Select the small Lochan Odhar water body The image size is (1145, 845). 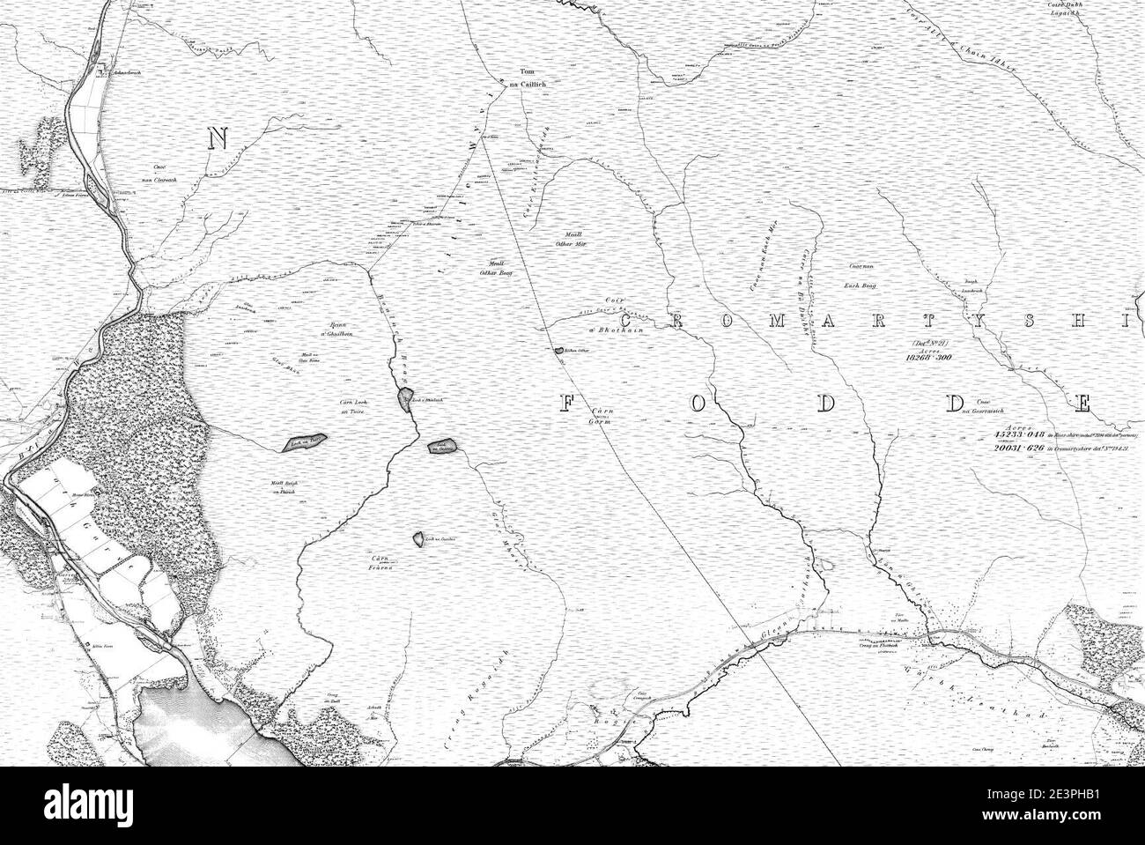pyautogui.click(x=559, y=351)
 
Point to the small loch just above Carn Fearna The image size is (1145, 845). pyautogui.click(x=417, y=537)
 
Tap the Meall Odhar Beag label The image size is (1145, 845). pyautogui.click(x=495, y=268)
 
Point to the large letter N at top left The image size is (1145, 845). pyautogui.click(x=218, y=137)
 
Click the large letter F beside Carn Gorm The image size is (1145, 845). pyautogui.click(x=568, y=404)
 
